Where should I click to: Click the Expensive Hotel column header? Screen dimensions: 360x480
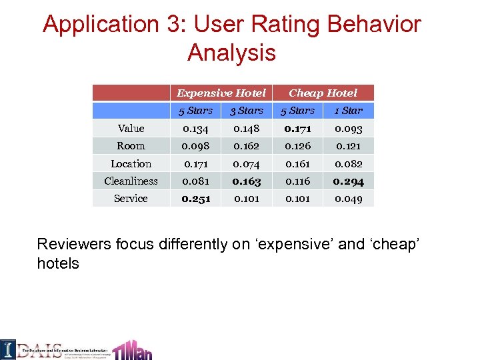tap(221, 93)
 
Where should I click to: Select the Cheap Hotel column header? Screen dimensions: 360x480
tap(323, 93)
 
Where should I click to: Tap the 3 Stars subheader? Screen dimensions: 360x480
tap(247, 111)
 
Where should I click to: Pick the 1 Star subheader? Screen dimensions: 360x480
tap(348, 111)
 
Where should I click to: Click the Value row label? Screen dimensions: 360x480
tap(131, 129)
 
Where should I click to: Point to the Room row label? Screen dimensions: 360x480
tap(131, 146)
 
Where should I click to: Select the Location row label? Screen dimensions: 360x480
tap(131, 163)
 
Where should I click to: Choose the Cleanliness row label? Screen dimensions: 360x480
tap(131, 181)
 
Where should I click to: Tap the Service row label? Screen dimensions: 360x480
tap(131, 198)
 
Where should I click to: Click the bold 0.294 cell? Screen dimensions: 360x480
tap(349, 181)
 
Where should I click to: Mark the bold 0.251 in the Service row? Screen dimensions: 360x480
tap(196, 199)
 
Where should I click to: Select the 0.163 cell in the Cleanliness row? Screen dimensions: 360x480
tap(247, 181)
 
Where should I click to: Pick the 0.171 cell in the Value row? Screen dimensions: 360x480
tap(297, 129)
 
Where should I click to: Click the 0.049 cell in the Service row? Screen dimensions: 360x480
tap(349, 199)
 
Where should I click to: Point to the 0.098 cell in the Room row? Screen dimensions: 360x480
tap(196, 146)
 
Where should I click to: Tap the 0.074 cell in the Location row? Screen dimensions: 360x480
tap(247, 163)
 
